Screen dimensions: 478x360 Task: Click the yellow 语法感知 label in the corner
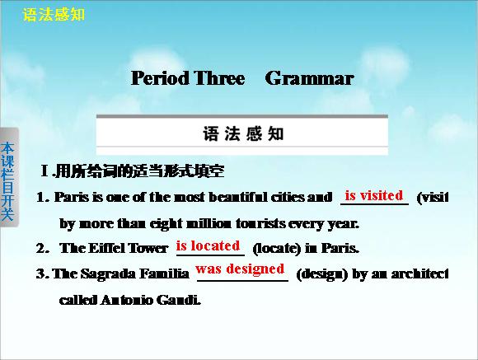(x=54, y=14)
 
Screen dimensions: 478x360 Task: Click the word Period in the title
(x=160, y=78)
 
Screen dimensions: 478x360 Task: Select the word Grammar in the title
(x=309, y=78)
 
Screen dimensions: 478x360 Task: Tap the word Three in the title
(x=219, y=78)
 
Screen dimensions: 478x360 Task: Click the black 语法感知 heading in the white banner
(x=243, y=133)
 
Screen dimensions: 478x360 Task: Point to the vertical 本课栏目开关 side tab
(x=7, y=181)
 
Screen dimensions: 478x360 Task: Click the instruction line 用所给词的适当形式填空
(x=140, y=171)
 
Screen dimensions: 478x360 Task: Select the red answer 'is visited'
(x=374, y=195)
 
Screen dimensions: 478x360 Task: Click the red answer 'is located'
(x=208, y=245)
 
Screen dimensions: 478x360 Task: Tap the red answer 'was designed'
(x=240, y=269)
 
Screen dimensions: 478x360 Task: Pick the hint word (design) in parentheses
(x=322, y=274)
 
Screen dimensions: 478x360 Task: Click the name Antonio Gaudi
(x=151, y=300)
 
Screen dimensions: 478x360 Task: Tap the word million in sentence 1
(x=209, y=224)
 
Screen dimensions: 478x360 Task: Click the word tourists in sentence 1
(x=260, y=224)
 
